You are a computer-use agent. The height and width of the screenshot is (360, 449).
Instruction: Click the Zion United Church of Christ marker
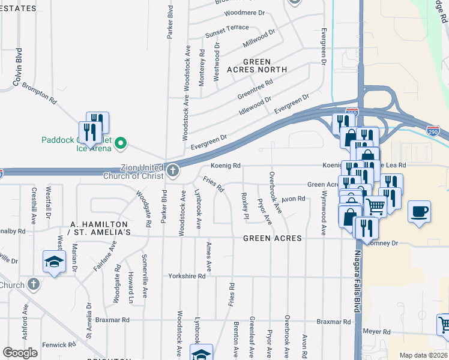[x=173, y=170]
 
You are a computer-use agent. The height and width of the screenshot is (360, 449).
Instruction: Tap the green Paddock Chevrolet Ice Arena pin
[x=121, y=142]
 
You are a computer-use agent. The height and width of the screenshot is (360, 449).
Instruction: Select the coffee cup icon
[x=419, y=212]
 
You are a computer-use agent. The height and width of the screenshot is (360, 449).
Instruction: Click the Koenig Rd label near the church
[x=225, y=166]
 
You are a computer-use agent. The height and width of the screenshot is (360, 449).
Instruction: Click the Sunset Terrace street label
[x=227, y=28]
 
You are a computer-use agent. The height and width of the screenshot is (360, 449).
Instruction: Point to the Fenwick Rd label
[x=59, y=345]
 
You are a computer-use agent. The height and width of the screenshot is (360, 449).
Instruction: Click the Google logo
[x=20, y=353]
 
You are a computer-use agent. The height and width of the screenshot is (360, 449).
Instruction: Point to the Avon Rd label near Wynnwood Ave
[x=294, y=198]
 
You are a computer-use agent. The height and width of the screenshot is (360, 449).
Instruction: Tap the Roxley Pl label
[x=245, y=206]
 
